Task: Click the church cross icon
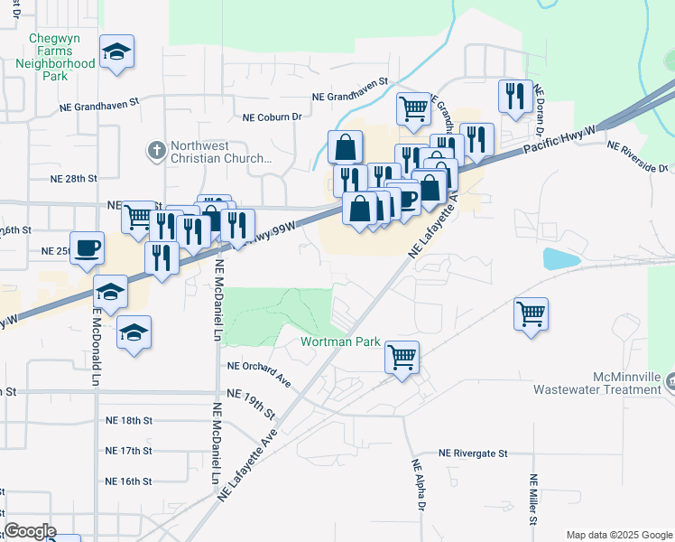pos(156,150)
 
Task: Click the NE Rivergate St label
pos(474,453)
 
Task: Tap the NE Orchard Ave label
pos(258,367)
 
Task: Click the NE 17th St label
pos(129,450)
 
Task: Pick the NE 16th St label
pos(129,481)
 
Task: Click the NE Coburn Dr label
pos(272,117)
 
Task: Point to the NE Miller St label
pos(533,500)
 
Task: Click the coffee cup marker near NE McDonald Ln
pos(87,249)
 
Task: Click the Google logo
pos(31,530)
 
